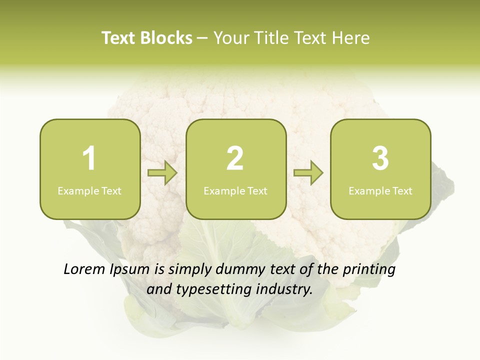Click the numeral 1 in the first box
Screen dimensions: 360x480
click(89, 158)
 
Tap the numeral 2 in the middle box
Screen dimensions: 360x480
click(235, 158)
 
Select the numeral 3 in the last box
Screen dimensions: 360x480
click(380, 158)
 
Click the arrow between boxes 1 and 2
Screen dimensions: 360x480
click(162, 173)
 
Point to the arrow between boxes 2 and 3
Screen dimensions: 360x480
click(308, 173)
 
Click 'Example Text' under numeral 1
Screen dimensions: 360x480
click(89, 190)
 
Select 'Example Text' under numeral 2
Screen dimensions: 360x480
click(235, 190)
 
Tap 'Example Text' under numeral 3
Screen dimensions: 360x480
click(380, 190)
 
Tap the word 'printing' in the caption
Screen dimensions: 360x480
click(368, 270)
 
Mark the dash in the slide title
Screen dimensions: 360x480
click(202, 38)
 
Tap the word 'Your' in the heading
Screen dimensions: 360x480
click(230, 38)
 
